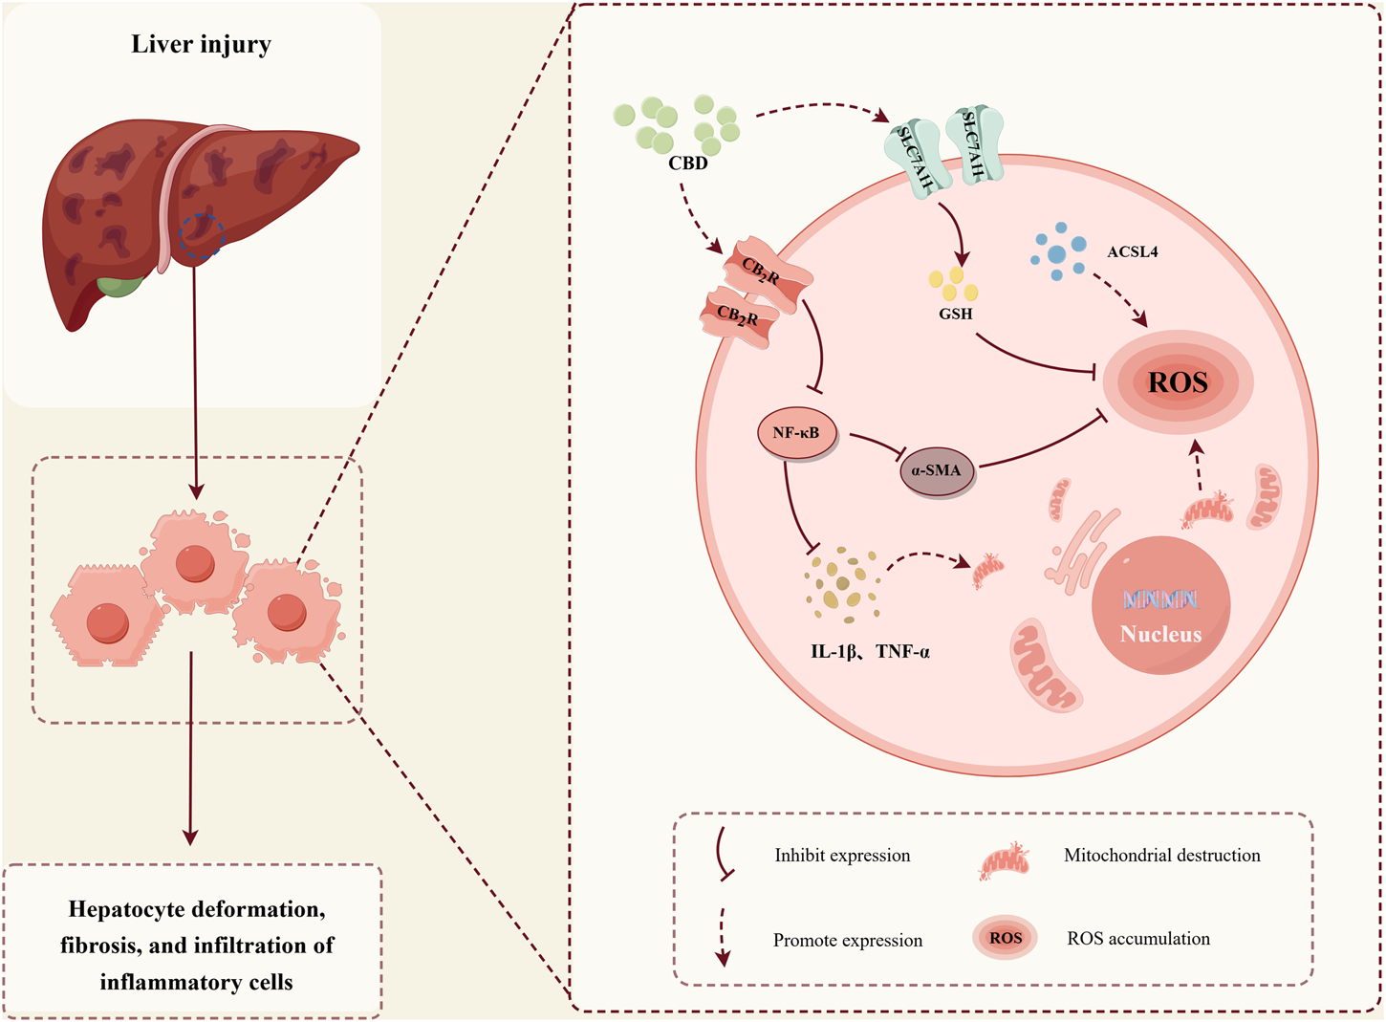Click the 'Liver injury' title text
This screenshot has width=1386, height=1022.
click(201, 44)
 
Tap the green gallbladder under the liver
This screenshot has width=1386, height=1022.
click(121, 285)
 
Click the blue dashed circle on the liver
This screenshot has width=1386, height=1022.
click(202, 235)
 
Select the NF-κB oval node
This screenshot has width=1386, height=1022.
click(796, 433)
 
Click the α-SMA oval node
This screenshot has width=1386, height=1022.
click(937, 470)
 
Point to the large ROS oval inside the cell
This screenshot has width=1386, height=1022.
click(1178, 382)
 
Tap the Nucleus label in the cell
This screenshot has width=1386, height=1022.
click(1160, 634)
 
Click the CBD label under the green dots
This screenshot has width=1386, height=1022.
click(688, 163)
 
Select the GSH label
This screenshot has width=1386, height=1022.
click(955, 314)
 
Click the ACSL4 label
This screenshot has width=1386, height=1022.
click(1132, 252)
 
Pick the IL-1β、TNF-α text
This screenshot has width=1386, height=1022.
click(870, 652)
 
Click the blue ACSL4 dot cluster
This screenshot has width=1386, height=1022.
click(1058, 252)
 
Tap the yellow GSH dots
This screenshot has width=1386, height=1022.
click(953, 284)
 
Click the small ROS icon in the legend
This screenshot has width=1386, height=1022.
click(1005, 938)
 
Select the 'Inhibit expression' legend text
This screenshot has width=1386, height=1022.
click(842, 856)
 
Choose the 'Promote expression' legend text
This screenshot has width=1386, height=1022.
click(848, 941)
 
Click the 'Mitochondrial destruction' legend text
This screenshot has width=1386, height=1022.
click(1161, 856)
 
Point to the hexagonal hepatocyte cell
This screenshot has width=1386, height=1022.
click(107, 617)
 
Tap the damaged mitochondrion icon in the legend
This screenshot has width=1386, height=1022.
click(1005, 860)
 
